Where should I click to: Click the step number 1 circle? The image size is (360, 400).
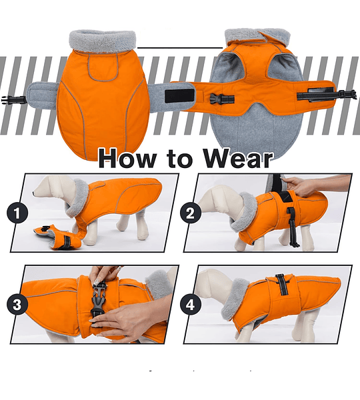coord(17,213)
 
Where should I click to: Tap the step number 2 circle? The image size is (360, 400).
coord(190,213)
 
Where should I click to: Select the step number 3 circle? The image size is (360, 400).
coord(17,305)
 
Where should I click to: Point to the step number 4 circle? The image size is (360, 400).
coord(190,305)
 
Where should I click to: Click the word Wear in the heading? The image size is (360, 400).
coord(238,159)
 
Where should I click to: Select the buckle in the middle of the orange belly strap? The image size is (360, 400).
coord(221,99)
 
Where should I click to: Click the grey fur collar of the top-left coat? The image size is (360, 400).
coord(102,41)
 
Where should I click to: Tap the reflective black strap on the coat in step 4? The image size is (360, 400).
coord(281,285)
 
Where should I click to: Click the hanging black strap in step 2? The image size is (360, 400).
coord(292,227)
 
